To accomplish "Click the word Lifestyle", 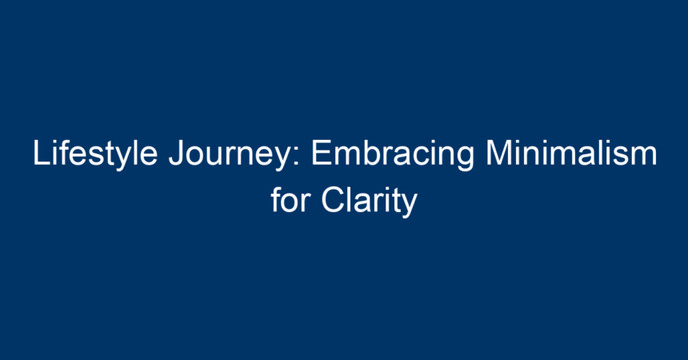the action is coord(95,154).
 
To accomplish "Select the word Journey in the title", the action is coord(229,154).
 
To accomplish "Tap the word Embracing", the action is coord(393,154).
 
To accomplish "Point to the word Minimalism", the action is coord(571,152).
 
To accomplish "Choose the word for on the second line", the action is coord(290,199).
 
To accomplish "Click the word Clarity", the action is coord(370,202).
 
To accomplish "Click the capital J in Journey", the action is coord(176,153).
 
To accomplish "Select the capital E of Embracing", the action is coord(321,152).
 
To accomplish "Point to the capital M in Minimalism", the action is coord(498,152).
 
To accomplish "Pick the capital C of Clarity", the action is coord(333,200).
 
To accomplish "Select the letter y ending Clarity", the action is coord(410,206).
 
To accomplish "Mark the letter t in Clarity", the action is coord(396,201).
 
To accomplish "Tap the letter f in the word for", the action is coord(276,199).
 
